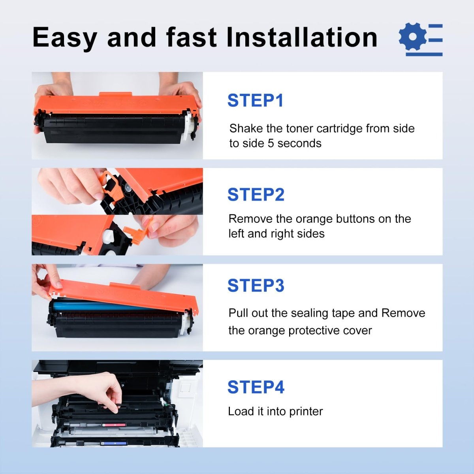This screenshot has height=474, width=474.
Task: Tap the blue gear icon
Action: click(x=412, y=37)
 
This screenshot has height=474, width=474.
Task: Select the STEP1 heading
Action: click(x=256, y=101)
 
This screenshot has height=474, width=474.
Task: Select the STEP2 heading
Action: click(x=256, y=195)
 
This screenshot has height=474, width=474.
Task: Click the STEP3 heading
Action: click(x=256, y=286)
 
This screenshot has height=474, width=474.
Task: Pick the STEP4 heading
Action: click(x=256, y=387)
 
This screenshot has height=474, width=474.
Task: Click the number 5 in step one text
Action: click(x=271, y=143)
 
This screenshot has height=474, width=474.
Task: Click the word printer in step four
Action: click(x=306, y=412)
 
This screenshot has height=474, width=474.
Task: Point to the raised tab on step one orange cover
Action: click(x=115, y=95)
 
